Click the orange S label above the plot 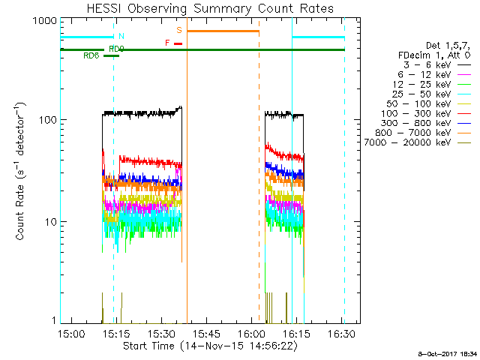point(179,30)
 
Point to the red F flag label point(167,43)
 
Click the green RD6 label point(91,55)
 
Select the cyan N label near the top point(121,36)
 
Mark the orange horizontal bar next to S point(223,31)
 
